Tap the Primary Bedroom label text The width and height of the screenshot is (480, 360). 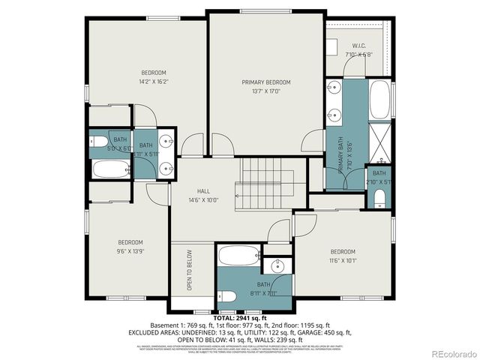click(x=265, y=82)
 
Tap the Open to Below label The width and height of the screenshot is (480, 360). click(x=190, y=270)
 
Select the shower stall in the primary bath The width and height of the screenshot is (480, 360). click(x=380, y=146)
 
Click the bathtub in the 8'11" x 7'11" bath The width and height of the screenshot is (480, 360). click(x=239, y=256)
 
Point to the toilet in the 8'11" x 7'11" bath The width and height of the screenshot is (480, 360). click(x=229, y=295)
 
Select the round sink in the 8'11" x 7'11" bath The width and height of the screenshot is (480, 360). click(x=278, y=265)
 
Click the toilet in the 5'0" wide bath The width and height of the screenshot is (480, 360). click(x=100, y=142)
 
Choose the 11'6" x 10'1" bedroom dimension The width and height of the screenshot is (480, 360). click(x=343, y=261)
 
